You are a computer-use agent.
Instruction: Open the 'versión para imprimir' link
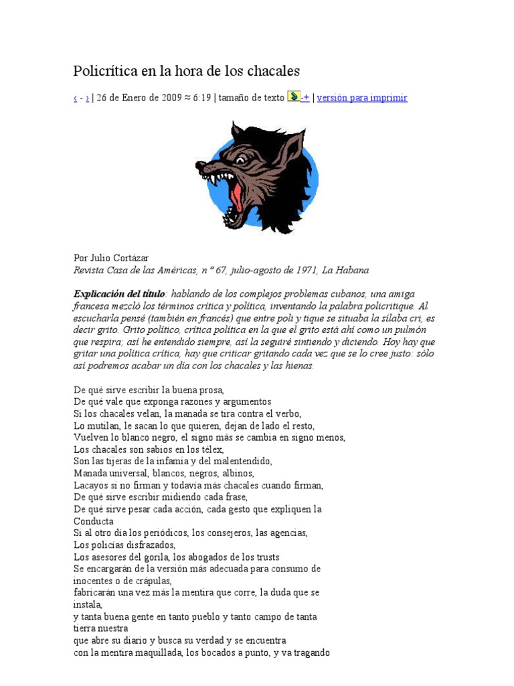point(362,98)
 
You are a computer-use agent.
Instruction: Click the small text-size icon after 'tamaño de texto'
point(293,96)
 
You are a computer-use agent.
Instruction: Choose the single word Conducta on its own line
point(93,521)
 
